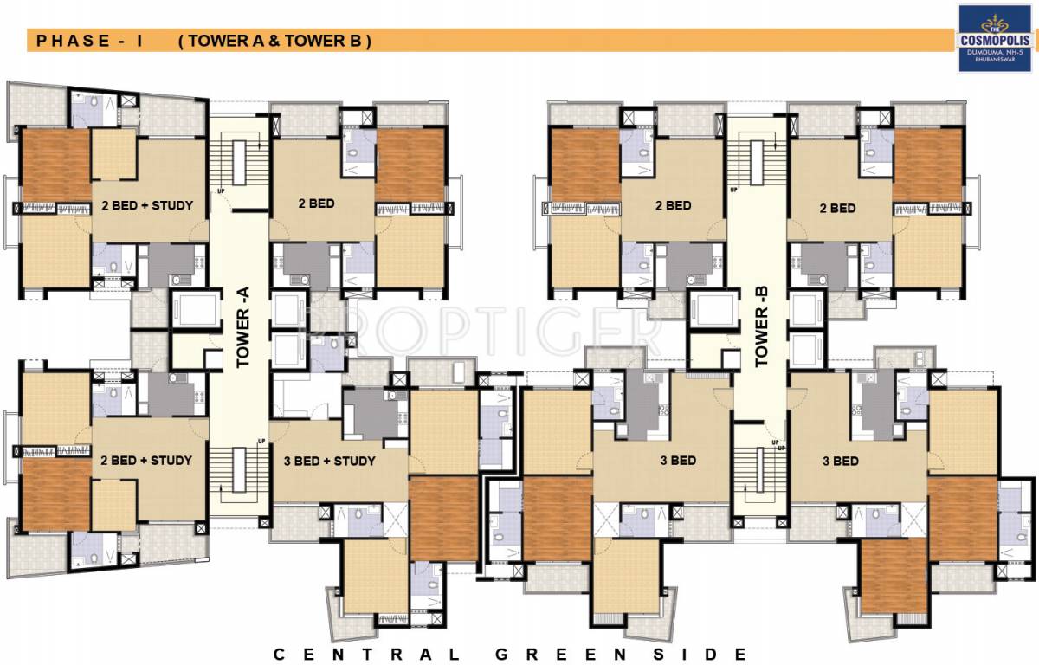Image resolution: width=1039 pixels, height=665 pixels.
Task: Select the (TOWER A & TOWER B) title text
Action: (274, 41)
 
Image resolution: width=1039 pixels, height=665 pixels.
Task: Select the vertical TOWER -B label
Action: (762, 333)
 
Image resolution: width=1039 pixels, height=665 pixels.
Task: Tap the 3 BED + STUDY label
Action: (330, 461)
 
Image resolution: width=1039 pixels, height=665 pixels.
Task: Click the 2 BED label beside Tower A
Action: (316, 205)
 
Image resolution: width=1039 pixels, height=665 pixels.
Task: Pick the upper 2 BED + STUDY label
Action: (147, 205)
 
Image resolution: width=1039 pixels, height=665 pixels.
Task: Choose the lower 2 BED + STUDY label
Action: (146, 460)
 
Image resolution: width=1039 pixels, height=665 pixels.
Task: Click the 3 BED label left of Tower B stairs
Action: (677, 461)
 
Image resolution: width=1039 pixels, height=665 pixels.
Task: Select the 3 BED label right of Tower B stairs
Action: (841, 461)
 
